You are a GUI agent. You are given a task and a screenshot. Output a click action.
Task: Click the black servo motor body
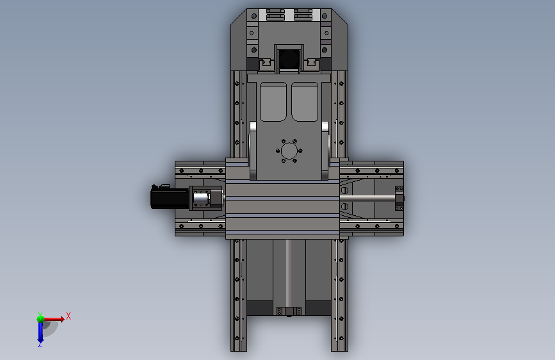(x=170, y=198)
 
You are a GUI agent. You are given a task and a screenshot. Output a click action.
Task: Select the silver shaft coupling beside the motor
(x=200, y=199)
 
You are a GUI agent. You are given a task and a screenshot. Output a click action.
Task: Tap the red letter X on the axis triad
(x=68, y=316)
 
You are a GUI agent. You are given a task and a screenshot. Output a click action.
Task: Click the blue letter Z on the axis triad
(x=40, y=344)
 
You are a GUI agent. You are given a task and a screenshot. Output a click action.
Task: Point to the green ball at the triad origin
(x=40, y=319)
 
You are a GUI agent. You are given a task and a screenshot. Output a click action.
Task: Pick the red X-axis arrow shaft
(x=52, y=319)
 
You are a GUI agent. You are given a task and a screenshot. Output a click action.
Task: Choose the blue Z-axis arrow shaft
(x=40, y=332)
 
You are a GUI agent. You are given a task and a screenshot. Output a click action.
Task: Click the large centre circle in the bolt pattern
(x=289, y=151)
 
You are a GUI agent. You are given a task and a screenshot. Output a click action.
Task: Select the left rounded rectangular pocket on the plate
(x=273, y=102)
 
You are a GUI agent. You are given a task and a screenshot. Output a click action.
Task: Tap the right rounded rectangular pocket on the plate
(x=305, y=102)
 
